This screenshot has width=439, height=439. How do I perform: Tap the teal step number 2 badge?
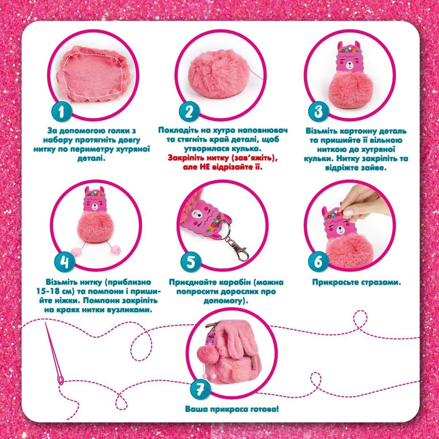189,112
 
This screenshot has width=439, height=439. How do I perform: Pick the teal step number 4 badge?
65,262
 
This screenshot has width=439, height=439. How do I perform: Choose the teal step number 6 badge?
318,262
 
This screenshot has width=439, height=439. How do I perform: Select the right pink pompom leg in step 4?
115,250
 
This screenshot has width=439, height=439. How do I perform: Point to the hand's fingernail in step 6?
348,212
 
